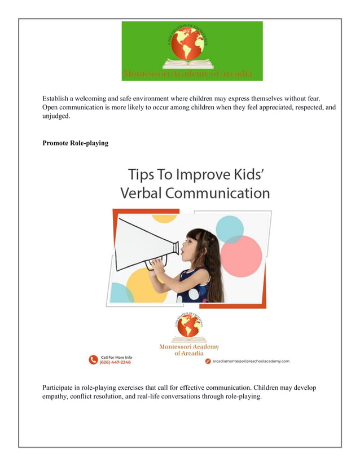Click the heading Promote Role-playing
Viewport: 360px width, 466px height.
pyautogui.click(x=75, y=143)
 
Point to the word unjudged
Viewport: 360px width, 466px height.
pyautogui.click(x=56, y=116)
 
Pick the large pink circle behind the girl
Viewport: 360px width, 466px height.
pyautogui.click(x=241, y=256)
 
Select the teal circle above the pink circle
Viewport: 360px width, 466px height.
pyautogui.click(x=230, y=228)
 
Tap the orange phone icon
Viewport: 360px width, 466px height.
pyautogui.click(x=93, y=359)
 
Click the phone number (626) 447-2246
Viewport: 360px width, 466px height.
pyautogui.click(x=116, y=362)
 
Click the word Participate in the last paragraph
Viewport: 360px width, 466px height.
pyautogui.click(x=62, y=388)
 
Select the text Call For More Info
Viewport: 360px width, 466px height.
pyautogui.click(x=116, y=357)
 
